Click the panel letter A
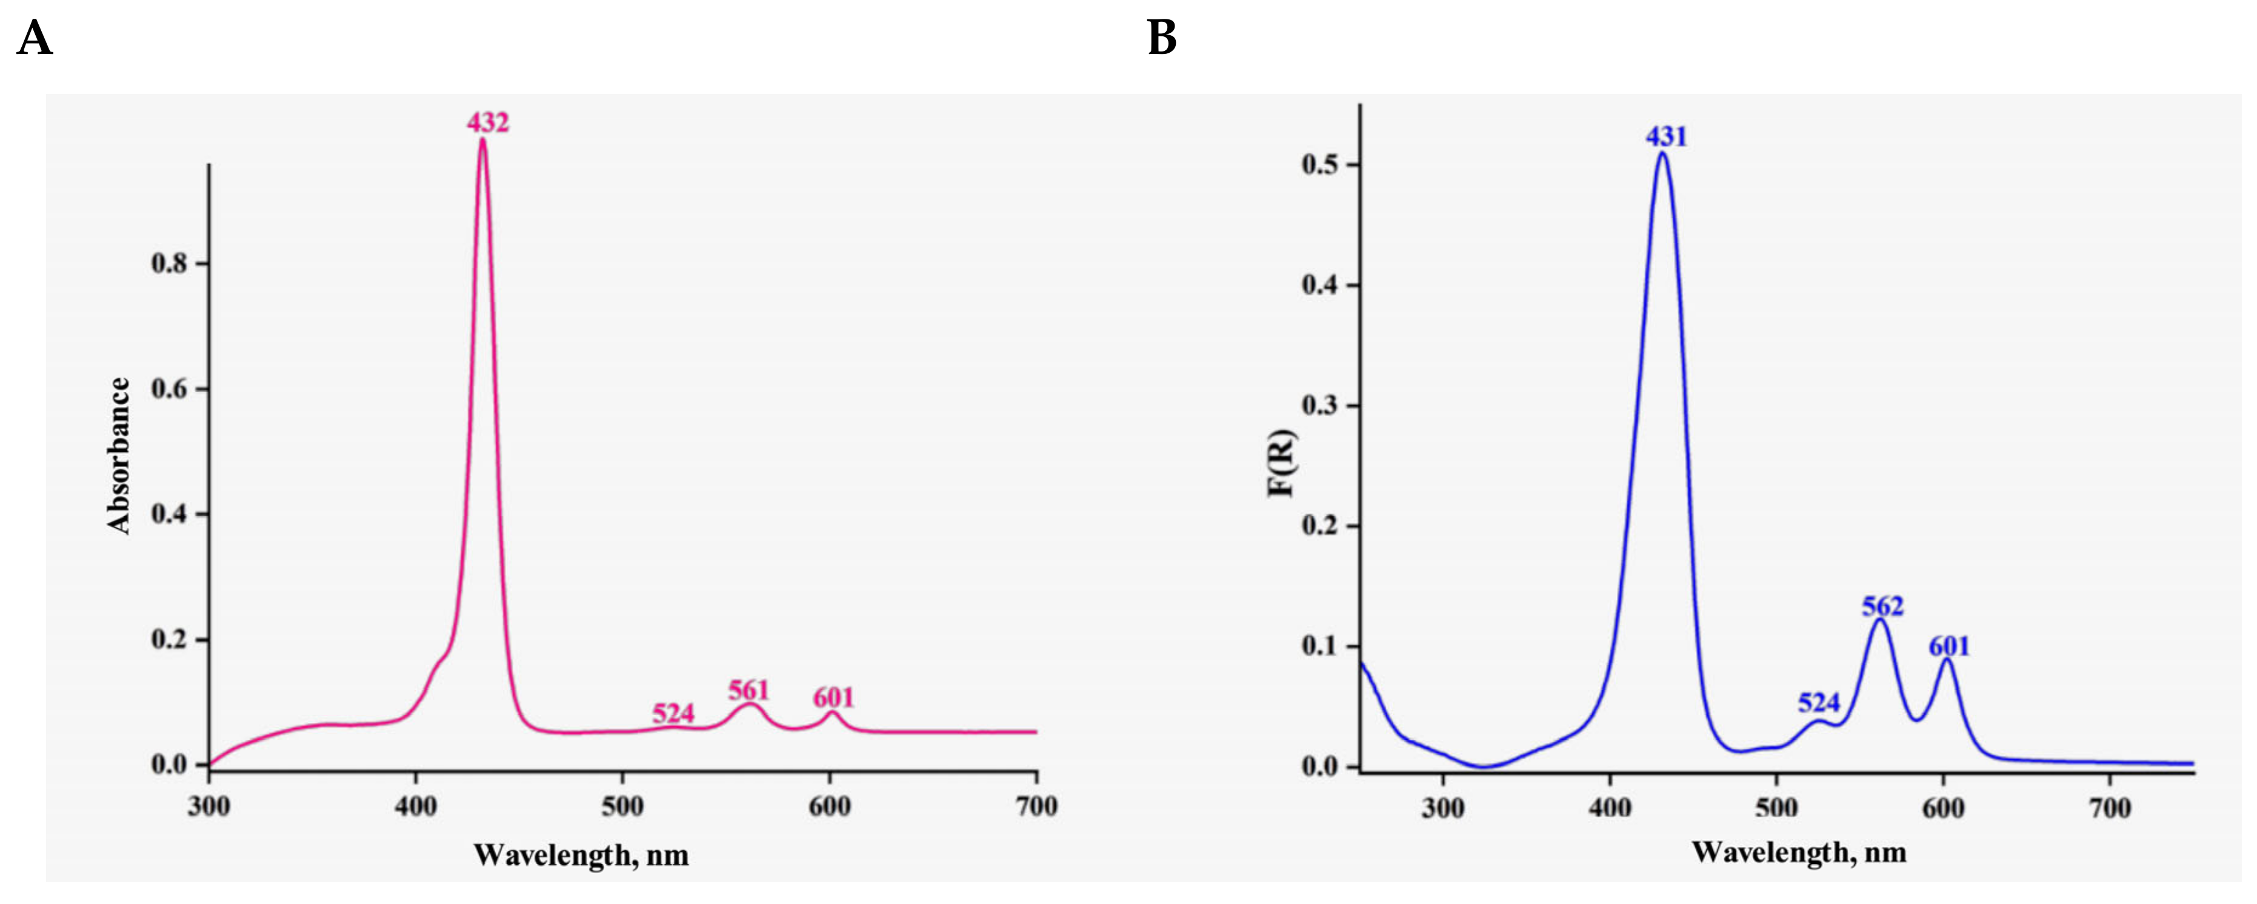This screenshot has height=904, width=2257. [x=35, y=39]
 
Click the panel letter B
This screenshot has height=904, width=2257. [x=1162, y=39]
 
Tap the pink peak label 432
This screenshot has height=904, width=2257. [x=487, y=122]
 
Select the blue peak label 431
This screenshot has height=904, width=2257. [x=1665, y=137]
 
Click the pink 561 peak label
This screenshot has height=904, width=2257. [x=748, y=690]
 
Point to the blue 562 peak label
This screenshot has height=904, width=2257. [x=1882, y=606]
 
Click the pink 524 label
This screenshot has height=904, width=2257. [x=673, y=713]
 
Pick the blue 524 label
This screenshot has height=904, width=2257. [x=1819, y=702]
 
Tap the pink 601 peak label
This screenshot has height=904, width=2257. [x=832, y=697]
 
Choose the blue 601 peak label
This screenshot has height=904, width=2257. [x=1949, y=646]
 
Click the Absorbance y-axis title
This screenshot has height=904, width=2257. [x=119, y=456]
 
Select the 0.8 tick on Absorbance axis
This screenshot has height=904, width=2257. [x=170, y=264]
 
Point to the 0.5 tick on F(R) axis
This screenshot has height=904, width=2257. [x=1321, y=165]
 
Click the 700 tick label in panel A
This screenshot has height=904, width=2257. [x=1036, y=806]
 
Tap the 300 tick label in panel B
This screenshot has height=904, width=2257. [x=1442, y=808]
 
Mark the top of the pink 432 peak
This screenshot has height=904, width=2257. [x=482, y=140]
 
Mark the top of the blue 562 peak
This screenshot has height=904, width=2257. [x=1878, y=620]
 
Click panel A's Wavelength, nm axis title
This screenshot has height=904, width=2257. [x=581, y=855]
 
